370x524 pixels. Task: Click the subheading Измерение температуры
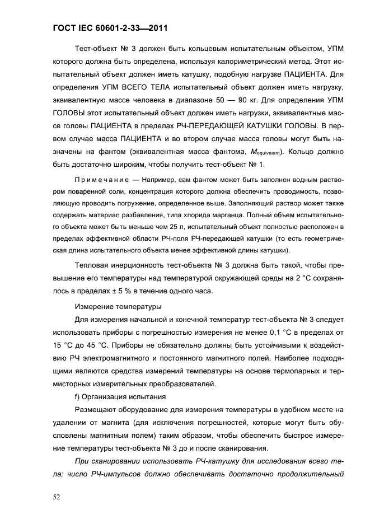tap(118, 306)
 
